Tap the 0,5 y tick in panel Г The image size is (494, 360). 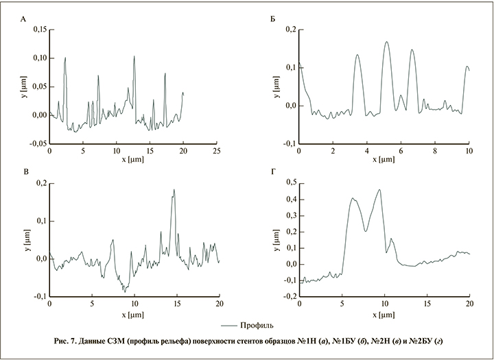289,182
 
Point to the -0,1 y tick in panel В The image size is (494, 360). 38,296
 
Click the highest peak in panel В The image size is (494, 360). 174,190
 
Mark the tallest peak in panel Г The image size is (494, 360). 379,190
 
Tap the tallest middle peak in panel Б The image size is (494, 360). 387,42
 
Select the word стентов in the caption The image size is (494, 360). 259,341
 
